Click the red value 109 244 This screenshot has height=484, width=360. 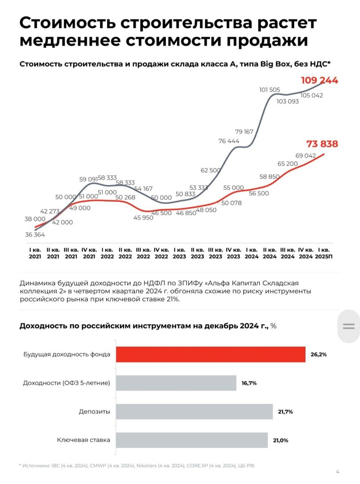pyautogui.click(x=319, y=80)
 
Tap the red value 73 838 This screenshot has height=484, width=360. pyautogui.click(x=322, y=144)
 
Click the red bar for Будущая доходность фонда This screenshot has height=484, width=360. pyautogui.click(x=211, y=354)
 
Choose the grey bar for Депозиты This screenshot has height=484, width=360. pyautogui.click(x=194, y=412)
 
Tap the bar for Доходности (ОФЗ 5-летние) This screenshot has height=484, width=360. pyautogui.click(x=176, y=383)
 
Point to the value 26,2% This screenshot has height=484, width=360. pyautogui.click(x=318, y=355)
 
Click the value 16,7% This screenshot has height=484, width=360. pyautogui.click(x=249, y=383)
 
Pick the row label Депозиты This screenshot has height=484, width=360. pyautogui.click(x=94, y=412)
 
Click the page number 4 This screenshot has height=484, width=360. pyautogui.click(x=337, y=472)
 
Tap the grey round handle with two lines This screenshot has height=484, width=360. pyautogui.click(x=348, y=326)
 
